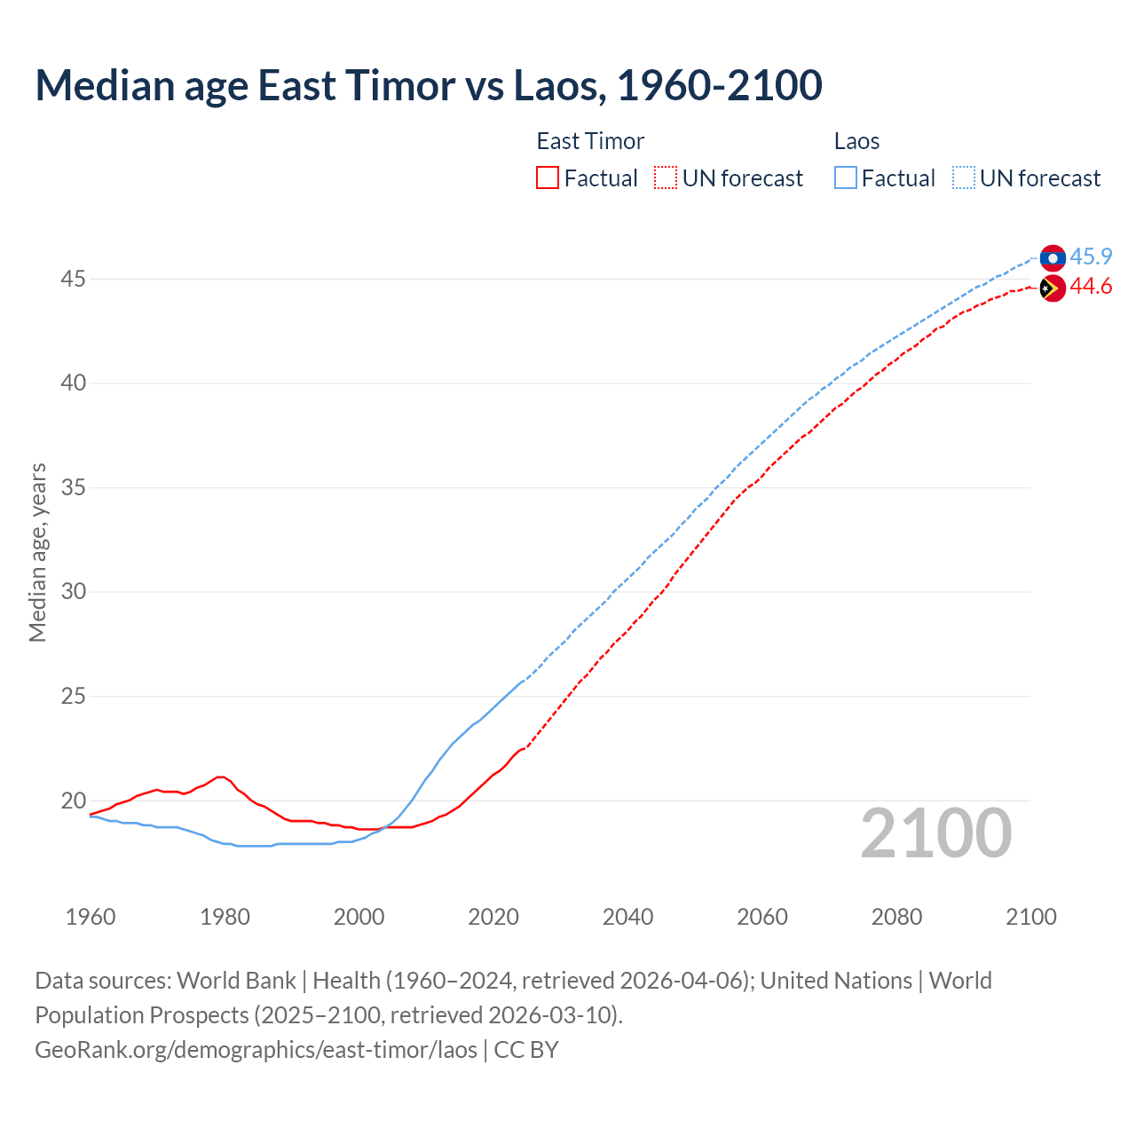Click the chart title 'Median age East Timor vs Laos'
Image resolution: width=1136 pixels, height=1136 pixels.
coord(428,85)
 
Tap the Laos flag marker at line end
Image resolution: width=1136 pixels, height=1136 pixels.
coord(1053,257)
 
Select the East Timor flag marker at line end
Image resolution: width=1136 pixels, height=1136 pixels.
coord(1052,288)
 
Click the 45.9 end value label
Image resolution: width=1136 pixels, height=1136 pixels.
coord(1091,257)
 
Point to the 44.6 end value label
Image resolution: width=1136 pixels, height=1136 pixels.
coord(1091,287)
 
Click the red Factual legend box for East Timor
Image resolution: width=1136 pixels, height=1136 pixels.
coord(548,178)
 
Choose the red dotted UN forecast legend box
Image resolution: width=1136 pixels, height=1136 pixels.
coord(666,178)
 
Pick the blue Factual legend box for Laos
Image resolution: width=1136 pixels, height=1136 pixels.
coord(846,178)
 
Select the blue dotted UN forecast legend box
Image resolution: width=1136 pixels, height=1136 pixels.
coord(963,178)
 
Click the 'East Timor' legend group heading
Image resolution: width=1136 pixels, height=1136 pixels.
coord(590,141)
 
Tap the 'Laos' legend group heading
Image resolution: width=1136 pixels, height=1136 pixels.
coord(856,141)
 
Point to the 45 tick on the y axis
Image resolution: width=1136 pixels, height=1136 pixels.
coord(73,280)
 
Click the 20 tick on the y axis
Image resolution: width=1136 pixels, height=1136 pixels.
coord(73,801)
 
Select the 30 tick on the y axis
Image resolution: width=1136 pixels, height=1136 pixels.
coord(73,592)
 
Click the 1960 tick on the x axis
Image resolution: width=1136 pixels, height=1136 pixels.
coord(91,917)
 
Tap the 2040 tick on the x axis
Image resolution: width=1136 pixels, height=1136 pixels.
coord(627,917)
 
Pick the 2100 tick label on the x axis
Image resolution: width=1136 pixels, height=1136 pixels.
coord(1030,917)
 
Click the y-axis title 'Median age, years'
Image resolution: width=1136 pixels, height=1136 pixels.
coord(37,552)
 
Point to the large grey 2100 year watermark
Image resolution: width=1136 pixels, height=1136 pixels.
coord(935,833)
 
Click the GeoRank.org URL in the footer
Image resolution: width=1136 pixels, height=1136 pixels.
coord(256,1050)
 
